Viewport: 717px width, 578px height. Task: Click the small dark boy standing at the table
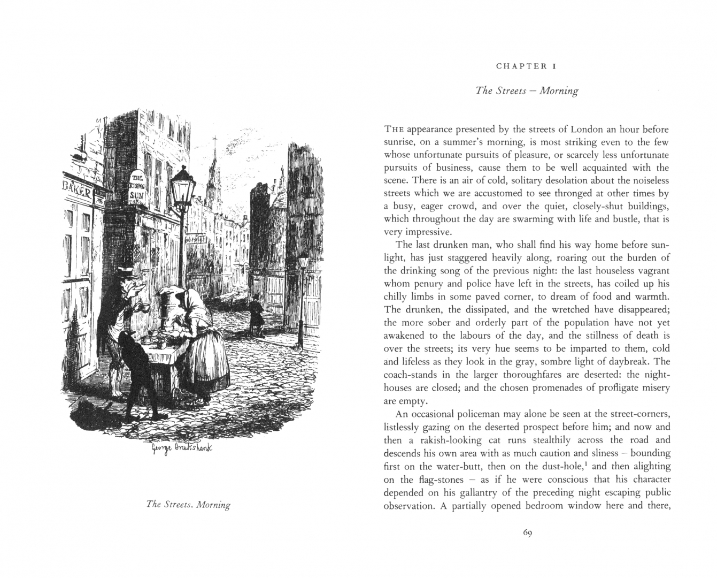(137, 369)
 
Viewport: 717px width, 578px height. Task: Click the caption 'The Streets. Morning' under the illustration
(188, 505)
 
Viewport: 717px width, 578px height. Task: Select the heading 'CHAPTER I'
(527, 66)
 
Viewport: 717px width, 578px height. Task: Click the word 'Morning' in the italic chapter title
(559, 90)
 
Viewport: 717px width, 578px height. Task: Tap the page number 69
(527, 533)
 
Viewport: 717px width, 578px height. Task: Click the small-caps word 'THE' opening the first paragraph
(394, 130)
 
